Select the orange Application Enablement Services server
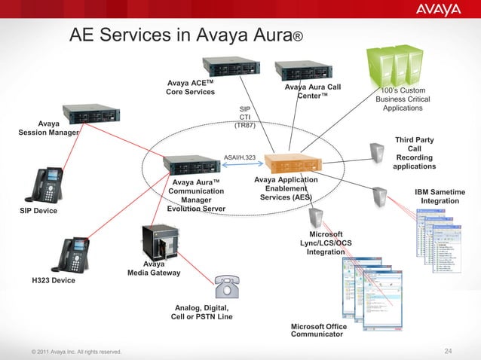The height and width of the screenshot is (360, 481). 290,163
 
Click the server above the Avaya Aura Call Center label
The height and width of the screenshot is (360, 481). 304,72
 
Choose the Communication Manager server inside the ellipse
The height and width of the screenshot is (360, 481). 191,164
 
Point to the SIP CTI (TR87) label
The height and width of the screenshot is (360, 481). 245,117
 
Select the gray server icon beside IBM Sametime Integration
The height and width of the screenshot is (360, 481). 381,197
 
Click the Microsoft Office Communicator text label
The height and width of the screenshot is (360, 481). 319,330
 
